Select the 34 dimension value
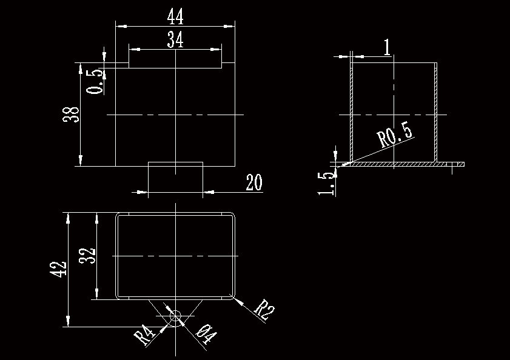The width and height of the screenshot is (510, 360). (175, 40)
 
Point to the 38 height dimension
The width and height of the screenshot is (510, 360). (72, 115)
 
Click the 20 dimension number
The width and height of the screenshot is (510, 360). (254, 182)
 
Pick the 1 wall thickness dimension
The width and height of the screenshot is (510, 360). (386, 47)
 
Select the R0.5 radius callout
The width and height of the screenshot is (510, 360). (395, 136)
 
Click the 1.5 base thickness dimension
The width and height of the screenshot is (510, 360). (327, 183)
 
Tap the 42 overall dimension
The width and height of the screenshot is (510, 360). (58, 270)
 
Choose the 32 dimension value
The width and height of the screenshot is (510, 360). (88, 256)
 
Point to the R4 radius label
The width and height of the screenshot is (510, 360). (144, 335)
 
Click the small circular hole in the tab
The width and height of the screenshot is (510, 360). (176, 316)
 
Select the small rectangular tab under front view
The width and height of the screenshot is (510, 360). (175, 176)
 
